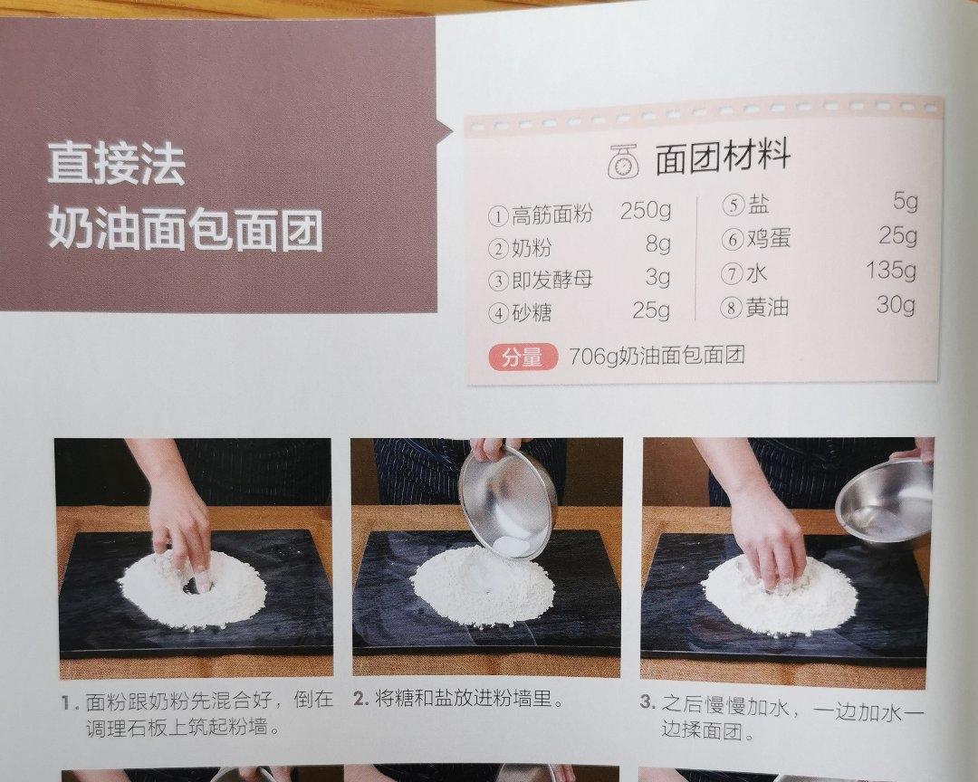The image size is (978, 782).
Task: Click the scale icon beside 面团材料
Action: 624,161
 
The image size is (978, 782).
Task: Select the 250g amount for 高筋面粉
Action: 646,211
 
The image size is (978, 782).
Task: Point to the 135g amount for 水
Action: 891,270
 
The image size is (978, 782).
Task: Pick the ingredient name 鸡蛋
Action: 769,238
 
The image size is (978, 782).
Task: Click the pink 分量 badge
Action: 523,358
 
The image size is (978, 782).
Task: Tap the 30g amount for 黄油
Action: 896,304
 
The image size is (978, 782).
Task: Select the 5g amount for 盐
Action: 905,202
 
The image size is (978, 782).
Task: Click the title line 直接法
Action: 117,164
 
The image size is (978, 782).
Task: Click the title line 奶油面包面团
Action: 186,229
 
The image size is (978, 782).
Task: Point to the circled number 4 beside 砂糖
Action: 498,312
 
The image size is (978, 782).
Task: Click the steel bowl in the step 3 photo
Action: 885,495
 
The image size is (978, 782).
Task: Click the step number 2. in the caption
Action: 360,699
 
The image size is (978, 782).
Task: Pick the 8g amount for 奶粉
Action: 658,243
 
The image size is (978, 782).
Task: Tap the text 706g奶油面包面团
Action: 657,356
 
